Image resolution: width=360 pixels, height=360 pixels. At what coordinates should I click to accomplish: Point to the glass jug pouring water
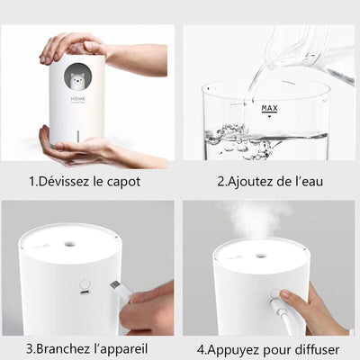click(x=310, y=49)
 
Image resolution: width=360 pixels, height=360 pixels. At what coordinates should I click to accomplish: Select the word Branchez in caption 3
click(x=60, y=348)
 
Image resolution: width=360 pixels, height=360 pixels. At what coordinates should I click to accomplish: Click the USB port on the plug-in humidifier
click(x=84, y=293)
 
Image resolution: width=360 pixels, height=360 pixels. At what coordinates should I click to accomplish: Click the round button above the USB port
click(x=84, y=278)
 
